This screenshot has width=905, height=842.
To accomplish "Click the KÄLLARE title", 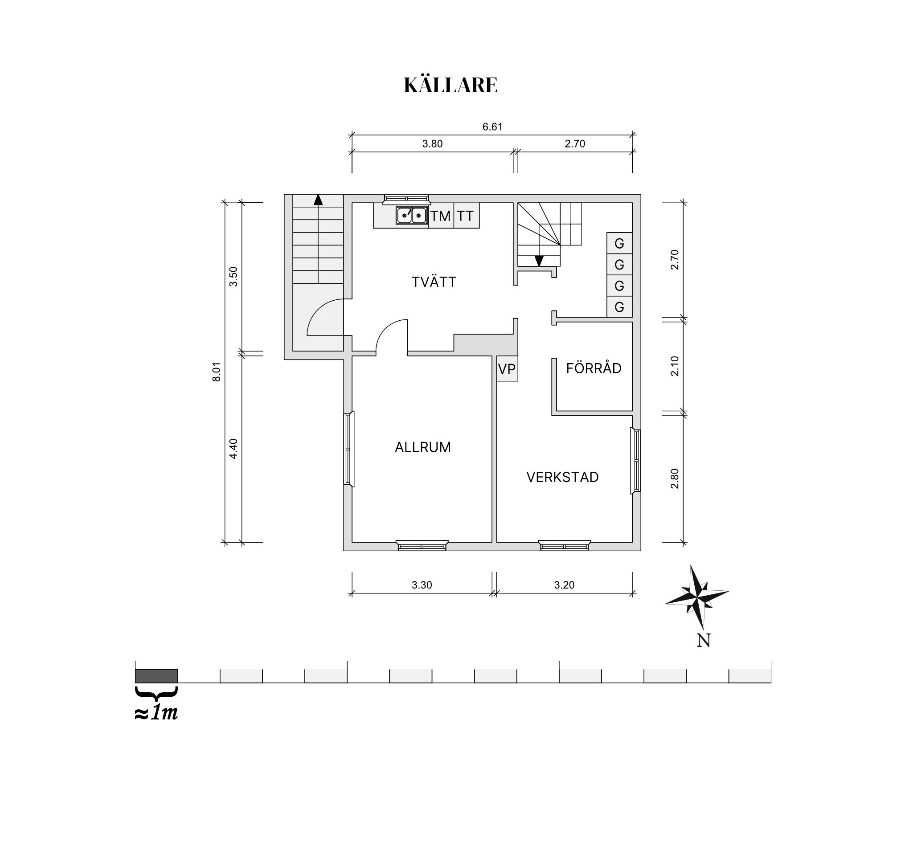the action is (x=450, y=85).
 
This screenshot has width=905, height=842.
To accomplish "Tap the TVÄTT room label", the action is (x=434, y=282).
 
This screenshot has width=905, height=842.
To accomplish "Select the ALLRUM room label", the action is (x=423, y=447).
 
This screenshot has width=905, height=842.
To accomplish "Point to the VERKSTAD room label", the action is (x=563, y=477).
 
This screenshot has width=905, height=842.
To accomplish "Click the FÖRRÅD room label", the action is (x=594, y=368).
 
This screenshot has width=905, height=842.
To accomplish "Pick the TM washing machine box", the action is (x=441, y=216).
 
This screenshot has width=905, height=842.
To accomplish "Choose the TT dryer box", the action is (x=466, y=216).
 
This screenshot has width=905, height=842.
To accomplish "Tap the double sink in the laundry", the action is (x=412, y=215).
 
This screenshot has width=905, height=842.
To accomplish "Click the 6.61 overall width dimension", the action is (x=492, y=127).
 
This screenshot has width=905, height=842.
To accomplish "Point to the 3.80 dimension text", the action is (x=433, y=144).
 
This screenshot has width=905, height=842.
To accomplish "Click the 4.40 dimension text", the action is (x=233, y=448).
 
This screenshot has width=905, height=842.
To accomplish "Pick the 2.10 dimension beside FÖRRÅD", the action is (x=675, y=366).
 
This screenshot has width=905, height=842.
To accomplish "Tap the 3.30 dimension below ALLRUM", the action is (x=422, y=585).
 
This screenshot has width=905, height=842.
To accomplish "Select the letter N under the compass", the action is (x=703, y=640).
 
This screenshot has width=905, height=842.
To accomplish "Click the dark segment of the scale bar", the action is (x=156, y=676).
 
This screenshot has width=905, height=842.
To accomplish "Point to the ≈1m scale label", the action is (x=156, y=713).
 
